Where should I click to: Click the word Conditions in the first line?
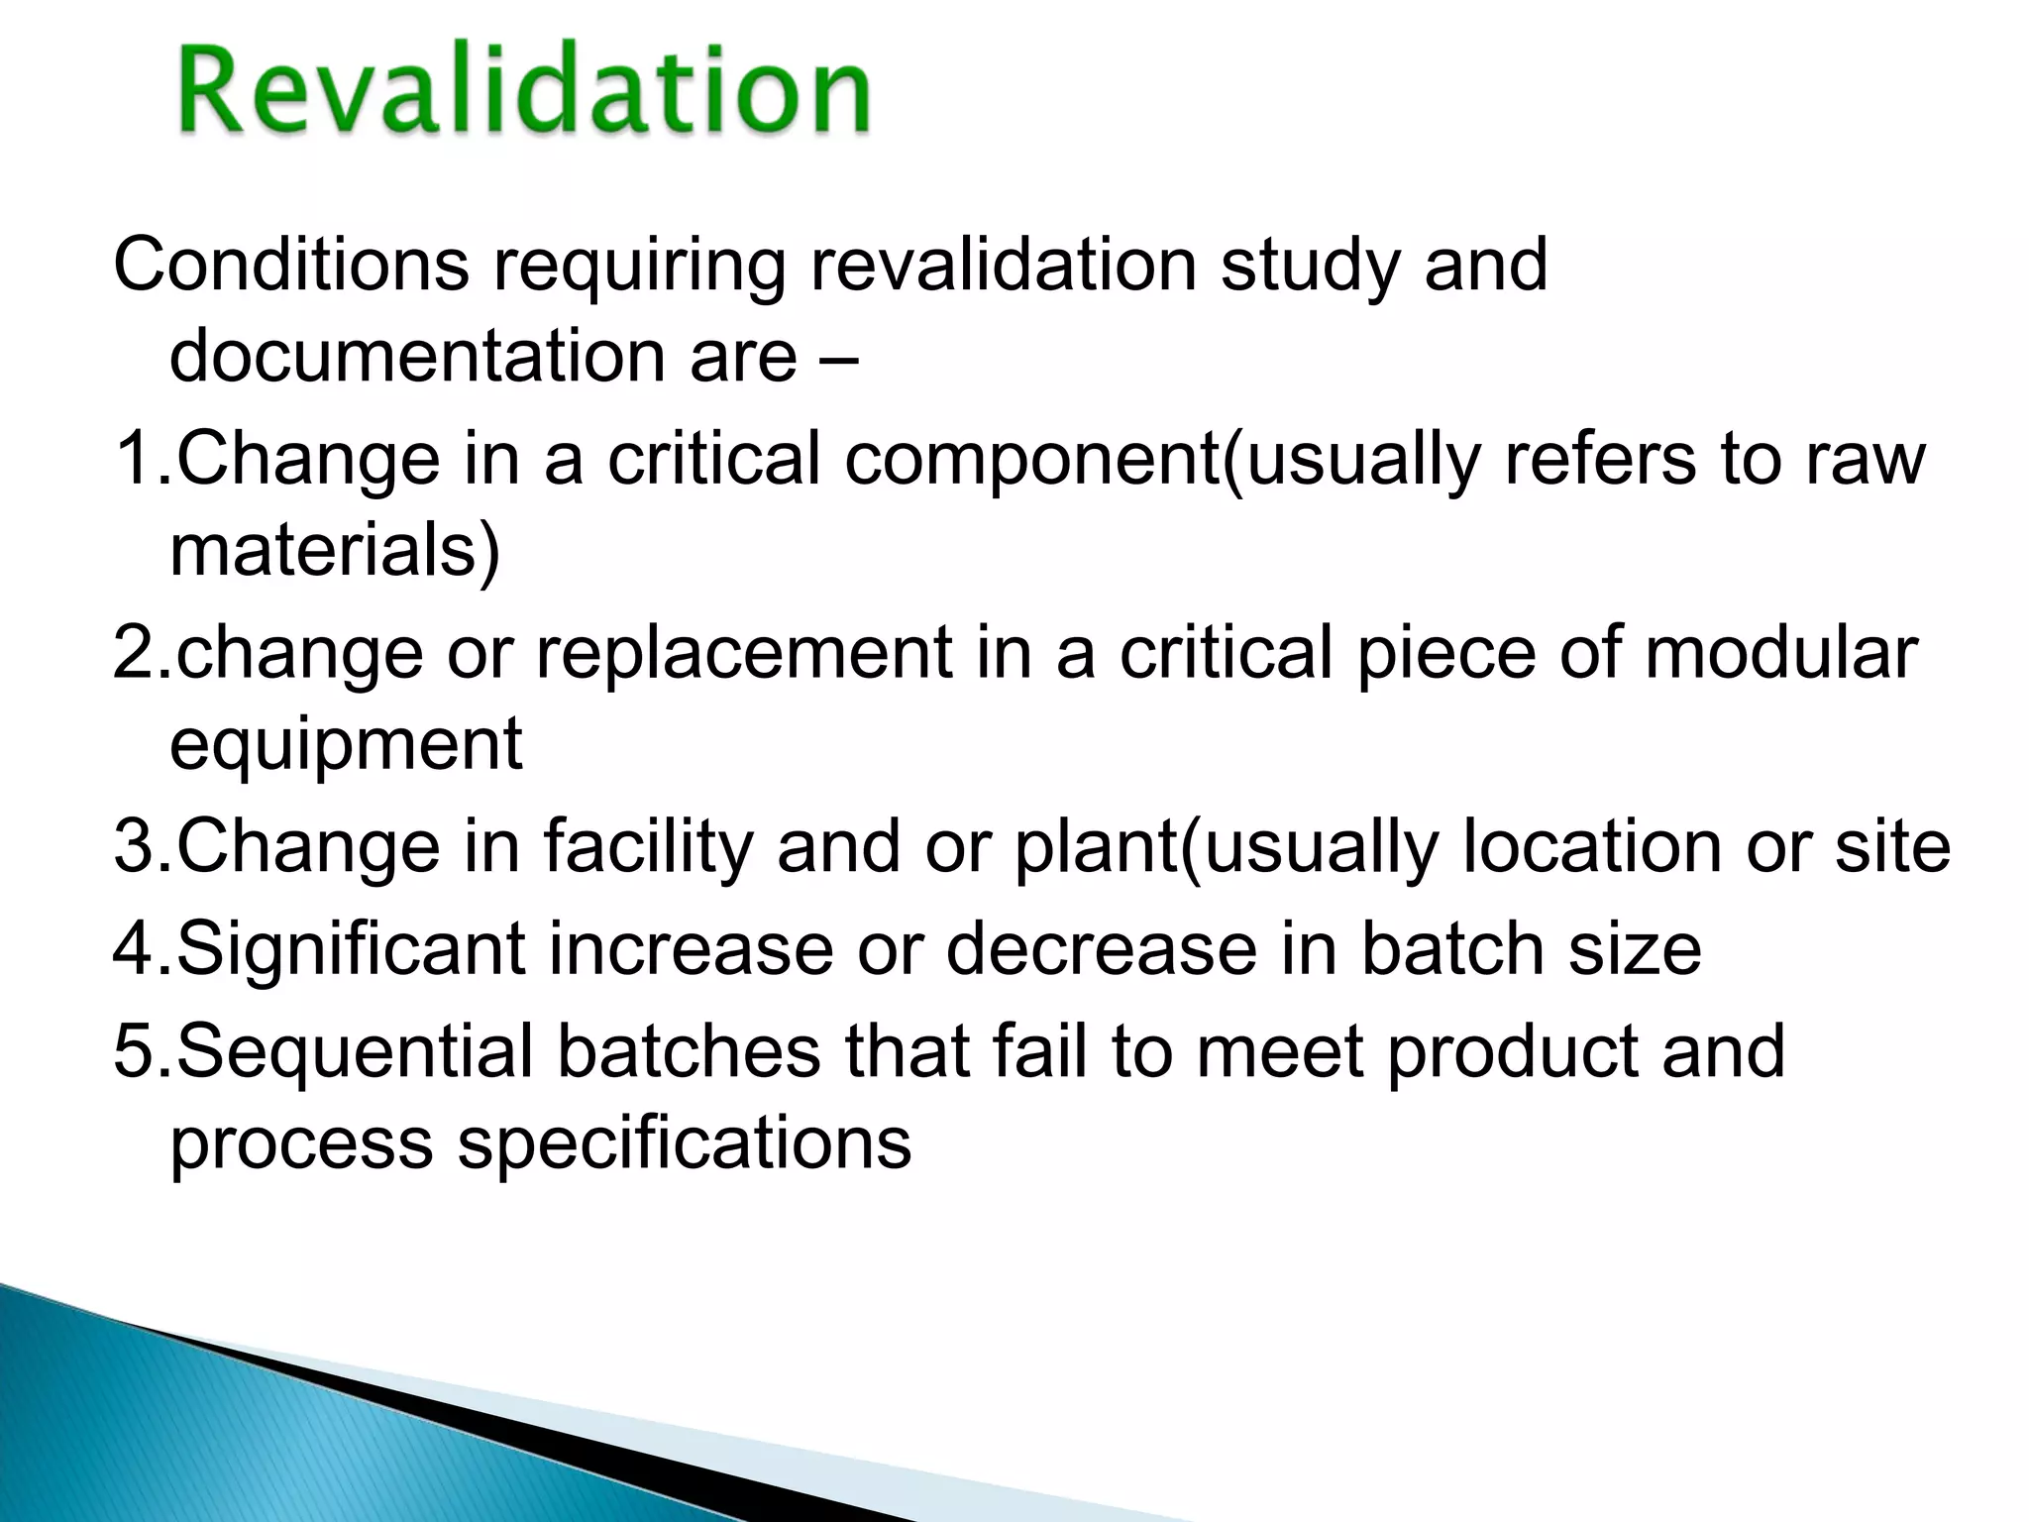pyautogui.click(x=291, y=265)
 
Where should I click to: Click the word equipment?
pyautogui.click(x=346, y=746)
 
